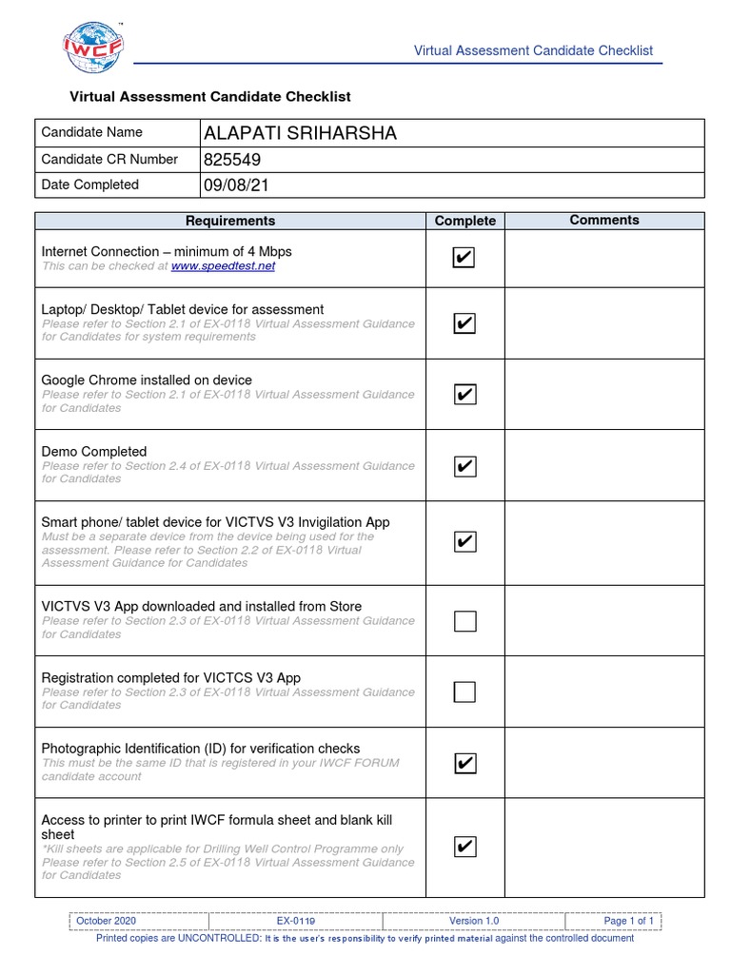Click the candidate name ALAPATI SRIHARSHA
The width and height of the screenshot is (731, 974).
tap(300, 133)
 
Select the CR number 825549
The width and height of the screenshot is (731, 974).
tap(232, 160)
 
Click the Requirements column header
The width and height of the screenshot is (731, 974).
tap(230, 221)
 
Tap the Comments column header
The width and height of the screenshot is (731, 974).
tap(604, 220)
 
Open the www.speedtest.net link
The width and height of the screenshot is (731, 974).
tap(223, 266)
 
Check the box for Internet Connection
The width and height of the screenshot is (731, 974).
tap(464, 259)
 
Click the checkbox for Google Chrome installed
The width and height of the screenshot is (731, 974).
tap(464, 394)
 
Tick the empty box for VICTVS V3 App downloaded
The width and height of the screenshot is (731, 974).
tap(464, 621)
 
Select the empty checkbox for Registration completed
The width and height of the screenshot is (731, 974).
tap(464, 692)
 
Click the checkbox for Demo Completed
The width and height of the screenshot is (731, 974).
tap(464, 465)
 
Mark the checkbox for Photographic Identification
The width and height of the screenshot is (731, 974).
tap(464, 763)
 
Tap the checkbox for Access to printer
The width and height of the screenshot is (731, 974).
tap(464, 847)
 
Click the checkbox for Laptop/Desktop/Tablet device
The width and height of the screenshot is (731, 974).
tap(464, 323)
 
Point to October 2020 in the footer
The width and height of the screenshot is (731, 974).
tap(106, 921)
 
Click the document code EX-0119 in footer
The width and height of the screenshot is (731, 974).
tap(296, 921)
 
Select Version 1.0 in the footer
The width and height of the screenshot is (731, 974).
tap(474, 921)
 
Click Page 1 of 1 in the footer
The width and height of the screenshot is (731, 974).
tap(628, 921)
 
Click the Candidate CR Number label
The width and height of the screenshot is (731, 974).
tap(109, 159)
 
